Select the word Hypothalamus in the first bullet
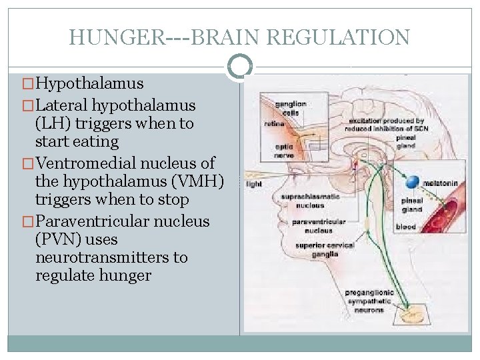tap(89, 83)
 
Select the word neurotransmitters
tap(111, 257)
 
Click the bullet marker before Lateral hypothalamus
tap(27, 105)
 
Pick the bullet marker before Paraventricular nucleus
tap(27, 221)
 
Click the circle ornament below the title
tap(240, 67)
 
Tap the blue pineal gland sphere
tap(414, 180)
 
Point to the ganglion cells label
tap(290, 107)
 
